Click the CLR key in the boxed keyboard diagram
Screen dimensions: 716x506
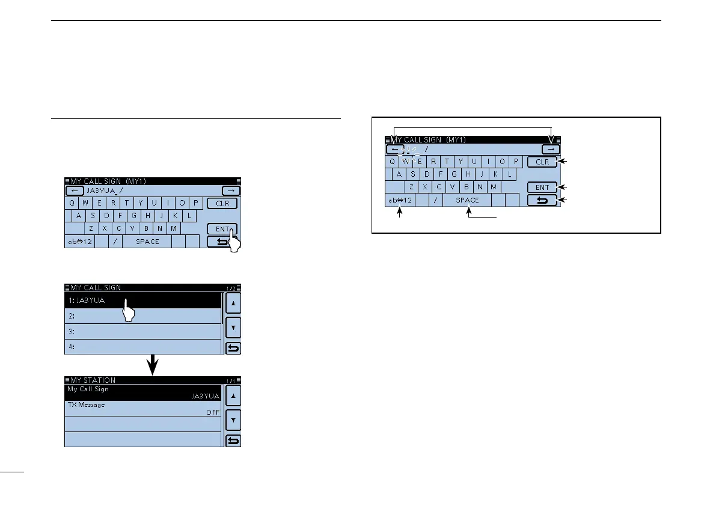(x=542, y=162)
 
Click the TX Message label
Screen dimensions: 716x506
(x=85, y=405)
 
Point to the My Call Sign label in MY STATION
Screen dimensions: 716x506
(x=88, y=389)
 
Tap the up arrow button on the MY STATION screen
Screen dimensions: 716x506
(x=233, y=395)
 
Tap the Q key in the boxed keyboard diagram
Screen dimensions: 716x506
(x=392, y=161)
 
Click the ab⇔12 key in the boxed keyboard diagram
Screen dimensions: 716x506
(x=399, y=200)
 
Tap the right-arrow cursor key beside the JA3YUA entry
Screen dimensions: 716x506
(x=231, y=191)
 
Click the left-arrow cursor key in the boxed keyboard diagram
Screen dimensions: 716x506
(x=394, y=149)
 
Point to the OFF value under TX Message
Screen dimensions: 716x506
(x=212, y=412)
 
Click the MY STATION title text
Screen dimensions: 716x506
(x=93, y=380)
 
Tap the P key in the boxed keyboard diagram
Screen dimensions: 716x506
(x=516, y=161)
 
